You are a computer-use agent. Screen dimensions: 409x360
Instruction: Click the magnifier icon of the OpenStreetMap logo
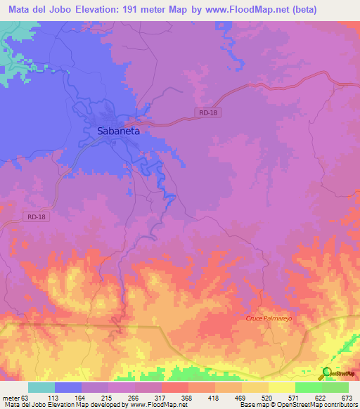coord(326,372)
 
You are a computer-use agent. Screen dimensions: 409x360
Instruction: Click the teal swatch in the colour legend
coord(41,387)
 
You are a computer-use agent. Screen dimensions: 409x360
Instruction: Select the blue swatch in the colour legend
coord(68,387)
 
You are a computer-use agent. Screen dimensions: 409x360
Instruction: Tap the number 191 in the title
coord(131,10)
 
